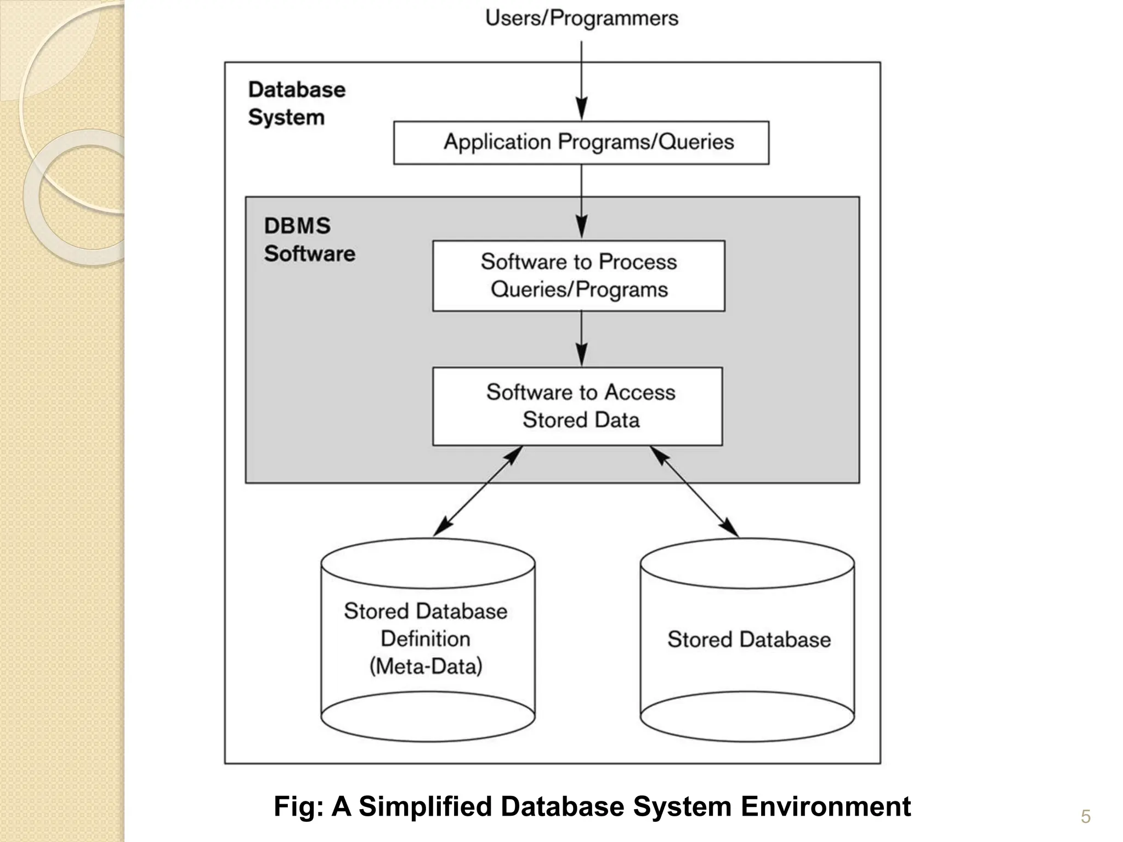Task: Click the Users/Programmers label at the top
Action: (581, 18)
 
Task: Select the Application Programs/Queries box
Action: (581, 143)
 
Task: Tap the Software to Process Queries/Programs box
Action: (578, 276)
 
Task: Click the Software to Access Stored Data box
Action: (577, 406)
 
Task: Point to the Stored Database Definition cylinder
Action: (428, 639)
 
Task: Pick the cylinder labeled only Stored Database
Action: (747, 639)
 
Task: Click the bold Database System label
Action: (296, 104)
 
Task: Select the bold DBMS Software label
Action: (309, 240)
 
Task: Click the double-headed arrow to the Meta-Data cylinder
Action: (478, 491)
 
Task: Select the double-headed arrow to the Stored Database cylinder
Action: (694, 491)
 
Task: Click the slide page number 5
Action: (1085, 817)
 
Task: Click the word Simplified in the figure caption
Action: (425, 806)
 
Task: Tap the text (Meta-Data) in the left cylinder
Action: (426, 667)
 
